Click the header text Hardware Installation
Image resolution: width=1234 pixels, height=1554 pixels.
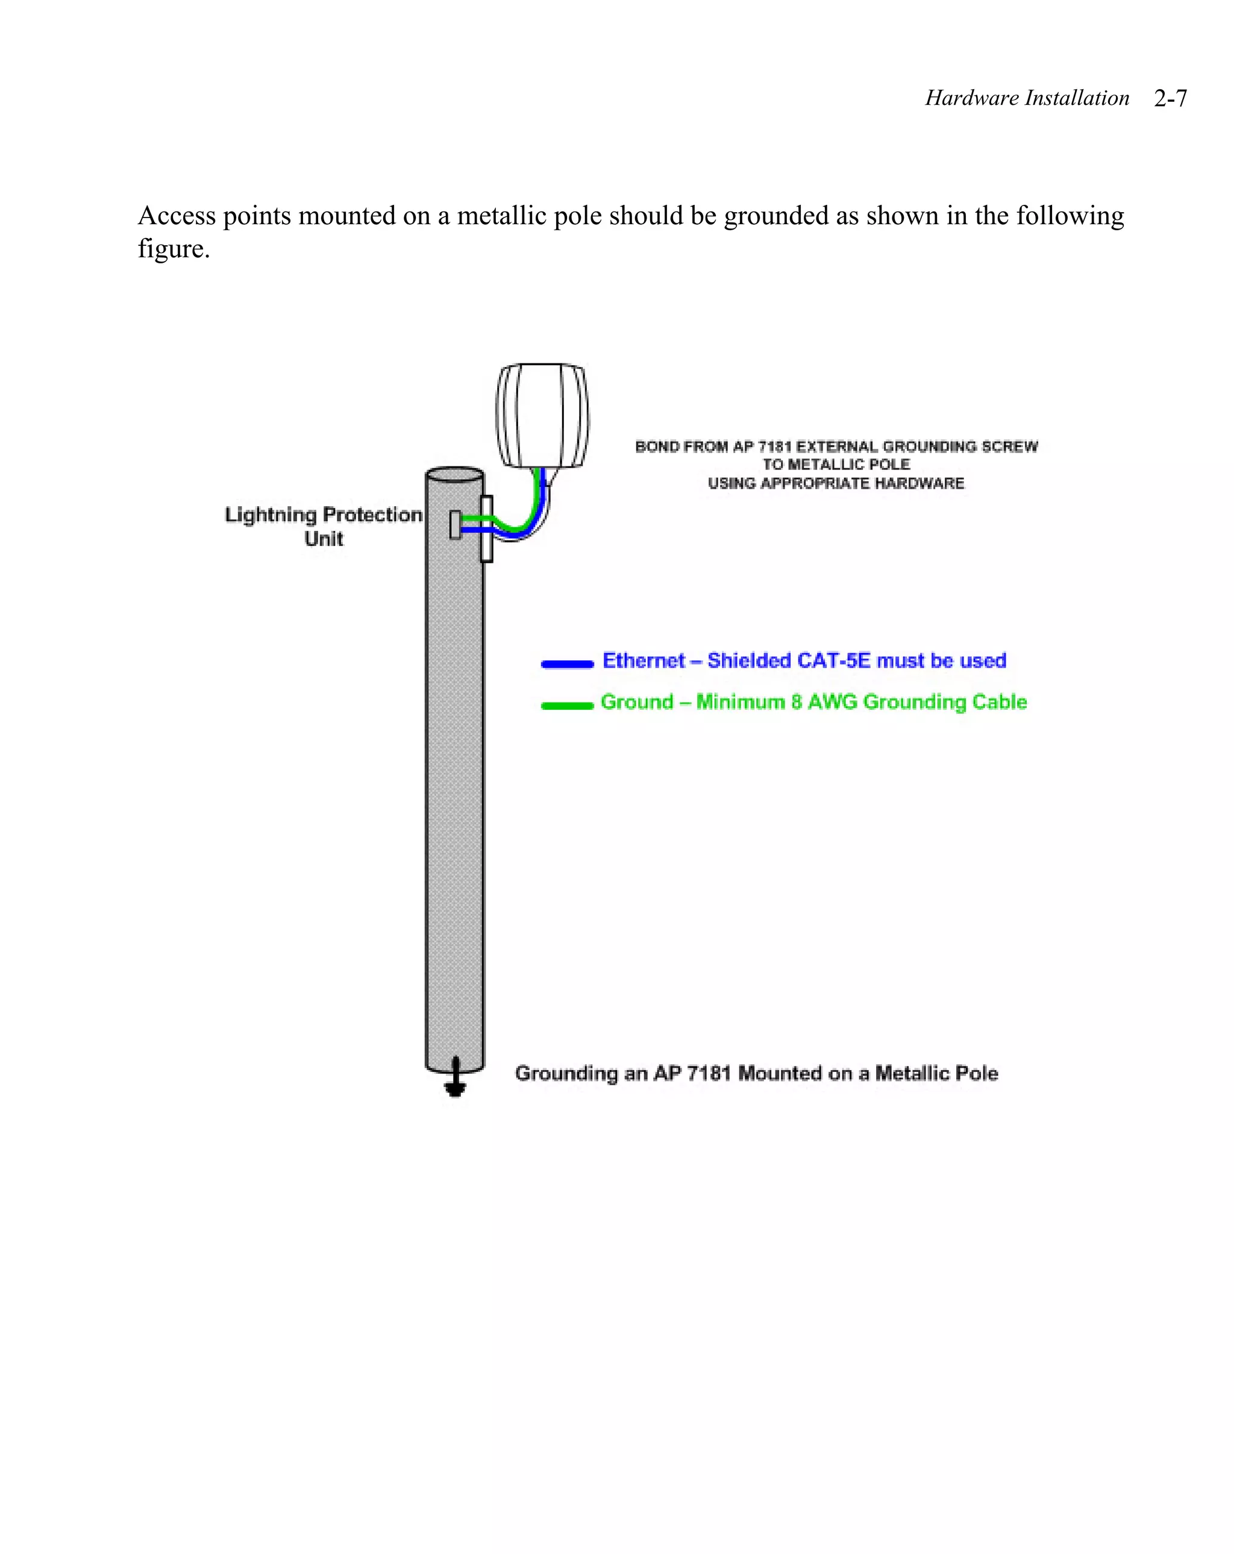1026,98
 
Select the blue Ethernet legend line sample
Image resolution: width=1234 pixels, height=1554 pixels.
567,664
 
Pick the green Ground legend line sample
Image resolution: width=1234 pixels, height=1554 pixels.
567,705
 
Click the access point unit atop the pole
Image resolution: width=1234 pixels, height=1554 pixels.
542,415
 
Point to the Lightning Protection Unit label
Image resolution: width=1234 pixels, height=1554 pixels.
324,526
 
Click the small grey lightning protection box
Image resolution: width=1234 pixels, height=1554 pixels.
455,525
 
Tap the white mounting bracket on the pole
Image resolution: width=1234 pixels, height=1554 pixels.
486,529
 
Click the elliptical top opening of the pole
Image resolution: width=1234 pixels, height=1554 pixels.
455,477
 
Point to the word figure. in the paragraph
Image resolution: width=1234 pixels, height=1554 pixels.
174,249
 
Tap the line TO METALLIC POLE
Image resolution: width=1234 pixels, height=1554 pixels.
836,465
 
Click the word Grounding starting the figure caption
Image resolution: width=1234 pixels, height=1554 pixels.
566,1074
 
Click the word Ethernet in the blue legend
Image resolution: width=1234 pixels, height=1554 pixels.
644,661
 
